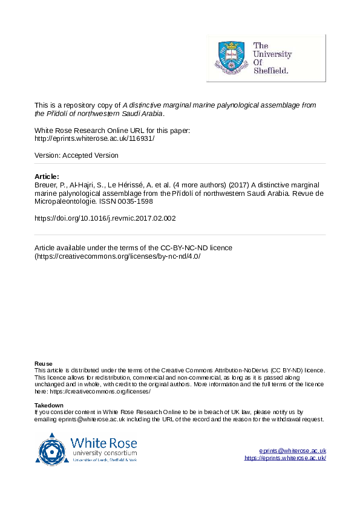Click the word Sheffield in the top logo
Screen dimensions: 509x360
[x=270, y=70]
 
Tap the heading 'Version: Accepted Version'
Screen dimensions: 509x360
[x=76, y=155]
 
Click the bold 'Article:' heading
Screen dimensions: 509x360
[x=47, y=177]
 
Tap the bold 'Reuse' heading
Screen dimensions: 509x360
[x=44, y=363]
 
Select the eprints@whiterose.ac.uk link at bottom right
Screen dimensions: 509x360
[x=293, y=451]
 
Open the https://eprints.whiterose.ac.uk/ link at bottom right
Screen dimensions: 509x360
[x=285, y=458]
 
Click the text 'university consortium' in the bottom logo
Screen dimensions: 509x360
[x=103, y=453]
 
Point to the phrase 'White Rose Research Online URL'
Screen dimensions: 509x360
[x=88, y=130]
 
